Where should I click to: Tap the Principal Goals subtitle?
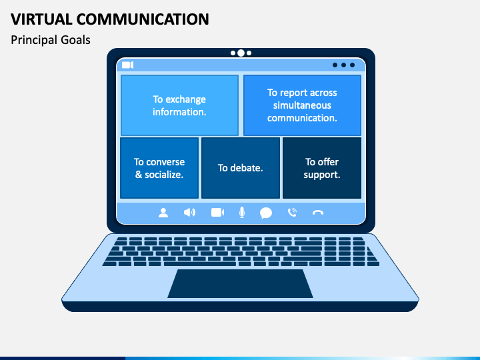[x=51, y=40]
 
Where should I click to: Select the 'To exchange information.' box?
[x=179, y=105]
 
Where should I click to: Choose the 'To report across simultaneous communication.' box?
[x=302, y=105]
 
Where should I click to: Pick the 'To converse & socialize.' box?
[x=159, y=168]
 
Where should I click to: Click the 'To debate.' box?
[x=240, y=168]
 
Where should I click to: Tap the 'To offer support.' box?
[x=322, y=168]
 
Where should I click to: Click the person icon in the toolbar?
[x=163, y=213]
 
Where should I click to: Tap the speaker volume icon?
[x=190, y=213]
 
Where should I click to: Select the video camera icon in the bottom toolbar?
[x=217, y=213]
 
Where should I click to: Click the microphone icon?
[x=242, y=213]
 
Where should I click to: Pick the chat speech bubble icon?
[x=266, y=213]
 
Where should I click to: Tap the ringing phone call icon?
[x=292, y=213]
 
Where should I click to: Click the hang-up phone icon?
[x=318, y=213]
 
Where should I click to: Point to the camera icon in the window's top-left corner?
[x=127, y=65]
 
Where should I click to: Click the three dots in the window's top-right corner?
[x=343, y=65]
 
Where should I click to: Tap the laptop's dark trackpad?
[x=240, y=283]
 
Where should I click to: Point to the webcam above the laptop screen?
[x=241, y=53]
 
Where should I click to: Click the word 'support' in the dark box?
[x=322, y=175]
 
